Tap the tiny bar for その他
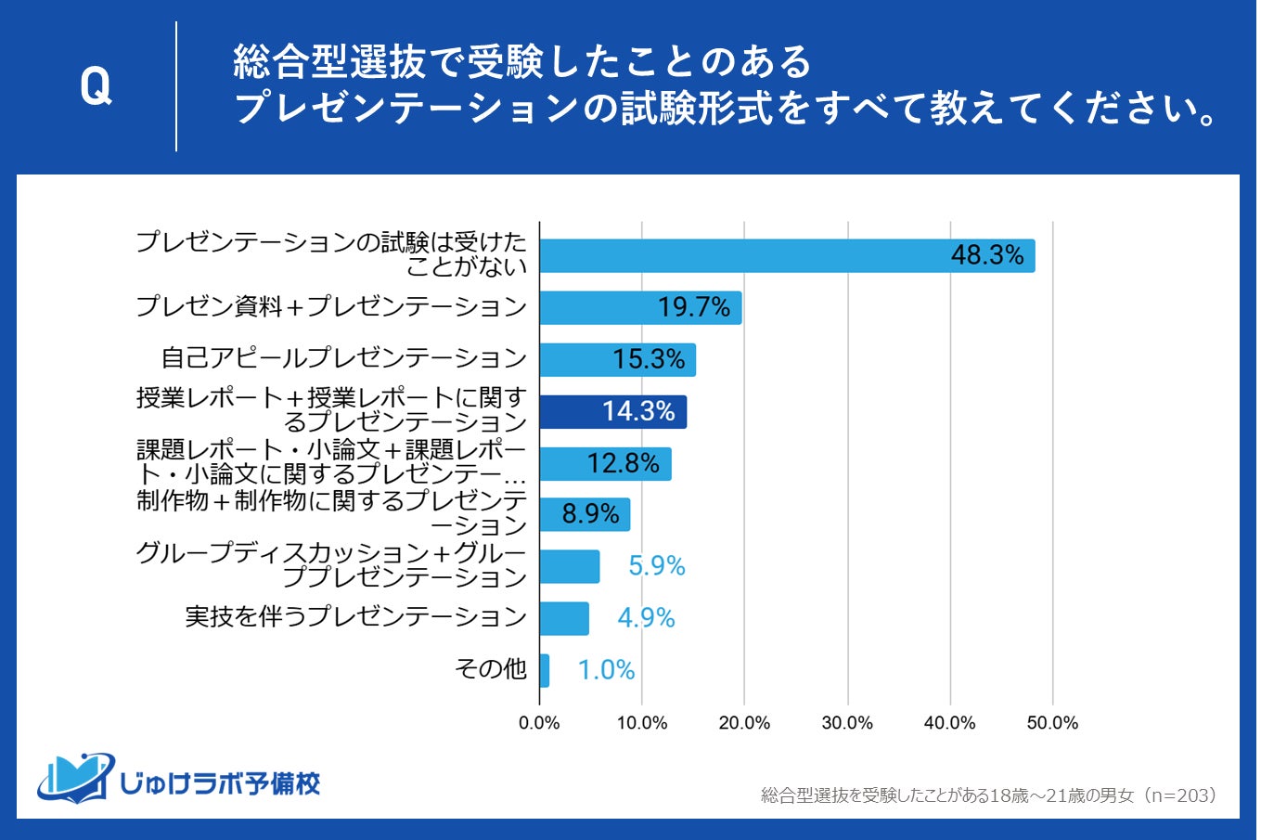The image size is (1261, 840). tap(545, 670)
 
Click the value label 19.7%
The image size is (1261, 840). tap(694, 307)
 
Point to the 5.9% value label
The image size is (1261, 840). tap(656, 566)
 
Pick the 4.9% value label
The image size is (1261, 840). tap(646, 618)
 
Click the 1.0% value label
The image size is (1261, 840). tap(606, 670)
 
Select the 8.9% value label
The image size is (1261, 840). tap(591, 514)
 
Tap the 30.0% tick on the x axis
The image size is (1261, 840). tap(847, 723)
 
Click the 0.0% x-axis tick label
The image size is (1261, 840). tap(539, 723)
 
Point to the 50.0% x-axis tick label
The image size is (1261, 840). tap(1052, 723)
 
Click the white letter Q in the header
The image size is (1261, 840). tap(96, 87)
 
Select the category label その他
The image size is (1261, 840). tap(491, 668)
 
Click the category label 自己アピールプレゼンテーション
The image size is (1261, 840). tap(343, 358)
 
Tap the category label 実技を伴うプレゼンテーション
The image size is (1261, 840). tap(355, 617)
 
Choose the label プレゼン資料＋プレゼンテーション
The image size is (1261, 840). tap(331, 306)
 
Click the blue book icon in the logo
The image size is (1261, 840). tap(75, 778)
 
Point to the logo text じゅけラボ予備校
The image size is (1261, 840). tap(221, 783)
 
